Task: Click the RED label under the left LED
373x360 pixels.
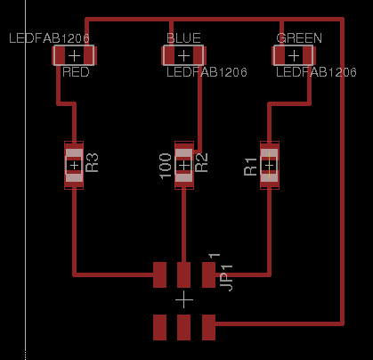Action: pos(76,72)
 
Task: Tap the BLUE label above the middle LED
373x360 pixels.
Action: pos(183,38)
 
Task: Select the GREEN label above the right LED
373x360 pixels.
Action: pos(299,38)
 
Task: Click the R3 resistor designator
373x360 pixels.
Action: pos(92,163)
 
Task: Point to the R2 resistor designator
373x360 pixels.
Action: pos(202,163)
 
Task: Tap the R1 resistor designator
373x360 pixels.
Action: pos(250,167)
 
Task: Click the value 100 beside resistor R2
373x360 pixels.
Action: pos(166,166)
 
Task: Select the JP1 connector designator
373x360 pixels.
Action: pos(226,278)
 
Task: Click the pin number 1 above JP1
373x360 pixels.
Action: pos(215,256)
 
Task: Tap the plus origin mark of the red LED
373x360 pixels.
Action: pos(74,56)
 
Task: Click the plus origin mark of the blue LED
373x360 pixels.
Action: pos(183,56)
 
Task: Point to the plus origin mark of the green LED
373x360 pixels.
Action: pos(294,56)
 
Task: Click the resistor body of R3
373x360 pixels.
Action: pos(74,165)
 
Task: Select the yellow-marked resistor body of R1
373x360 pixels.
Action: pos(270,165)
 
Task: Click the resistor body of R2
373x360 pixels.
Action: pos(184,165)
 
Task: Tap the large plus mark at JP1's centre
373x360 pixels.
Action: pos(184,299)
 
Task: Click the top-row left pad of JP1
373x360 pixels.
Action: pos(159,274)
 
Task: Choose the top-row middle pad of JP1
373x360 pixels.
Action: pos(183,274)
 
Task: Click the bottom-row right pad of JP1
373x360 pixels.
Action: pos(208,327)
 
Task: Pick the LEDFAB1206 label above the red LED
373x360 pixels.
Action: pos(49,38)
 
